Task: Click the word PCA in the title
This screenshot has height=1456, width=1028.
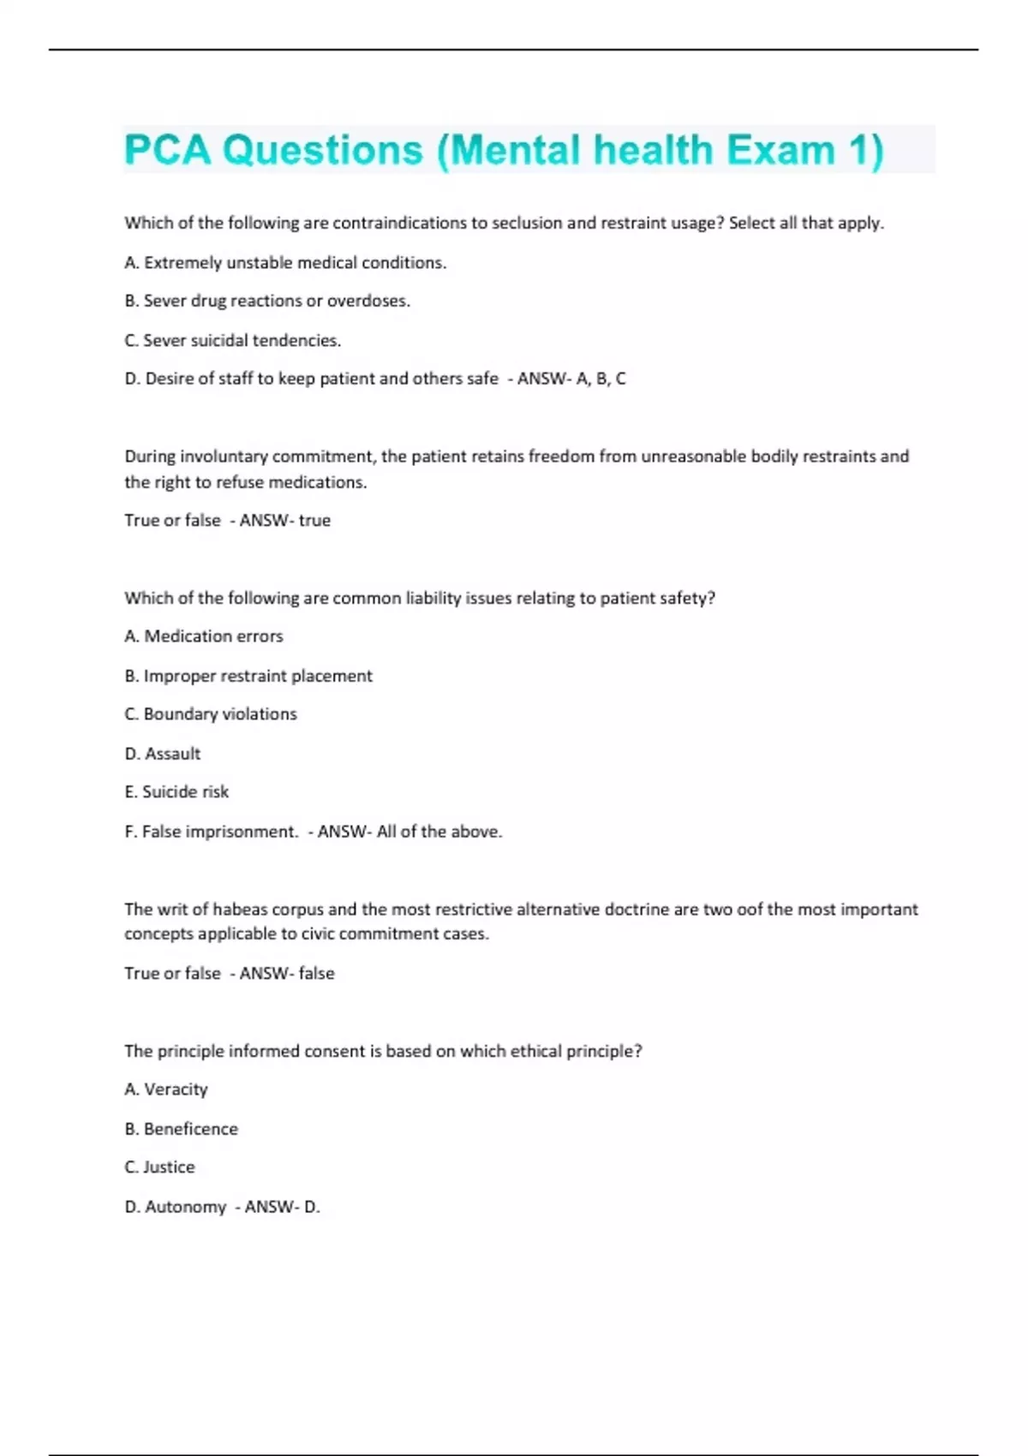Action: pos(167,150)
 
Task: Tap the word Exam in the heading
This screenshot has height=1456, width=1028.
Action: pos(780,150)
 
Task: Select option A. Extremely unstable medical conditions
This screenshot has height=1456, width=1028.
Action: pos(285,263)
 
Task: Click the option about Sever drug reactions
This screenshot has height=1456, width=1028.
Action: pos(267,301)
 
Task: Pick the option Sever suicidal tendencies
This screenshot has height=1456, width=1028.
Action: pos(232,341)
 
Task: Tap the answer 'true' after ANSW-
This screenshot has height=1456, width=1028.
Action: pos(314,521)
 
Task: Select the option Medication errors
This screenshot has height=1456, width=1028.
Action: pos(204,636)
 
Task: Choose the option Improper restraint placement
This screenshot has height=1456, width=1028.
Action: pos(248,676)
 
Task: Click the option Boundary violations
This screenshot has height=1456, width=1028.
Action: pos(211,714)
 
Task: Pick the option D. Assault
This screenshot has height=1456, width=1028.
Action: pos(163,754)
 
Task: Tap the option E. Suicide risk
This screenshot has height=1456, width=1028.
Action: pos(176,792)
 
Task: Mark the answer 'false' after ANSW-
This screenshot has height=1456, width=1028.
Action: pos(316,974)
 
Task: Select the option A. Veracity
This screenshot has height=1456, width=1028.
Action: pos(166,1089)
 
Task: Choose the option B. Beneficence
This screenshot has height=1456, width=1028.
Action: pos(181,1129)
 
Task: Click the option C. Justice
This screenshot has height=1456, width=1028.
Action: pos(159,1167)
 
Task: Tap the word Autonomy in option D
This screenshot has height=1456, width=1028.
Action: pos(185,1207)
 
